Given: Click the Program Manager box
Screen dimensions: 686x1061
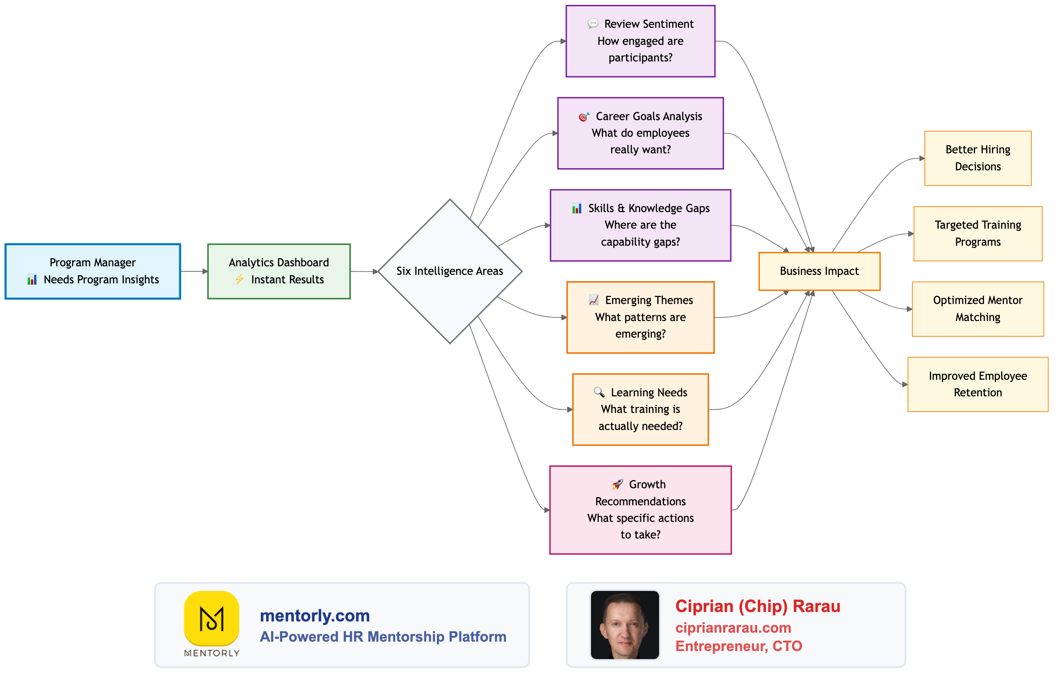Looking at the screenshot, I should pyautogui.click(x=93, y=271).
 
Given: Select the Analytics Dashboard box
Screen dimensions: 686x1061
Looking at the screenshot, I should pyautogui.click(x=279, y=271).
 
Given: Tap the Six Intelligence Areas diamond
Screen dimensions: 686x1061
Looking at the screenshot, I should pyautogui.click(x=450, y=271).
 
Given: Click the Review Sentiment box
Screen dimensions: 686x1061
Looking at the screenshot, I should pyautogui.click(x=640, y=41).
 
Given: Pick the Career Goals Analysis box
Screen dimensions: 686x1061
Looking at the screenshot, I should pyautogui.click(x=640, y=133).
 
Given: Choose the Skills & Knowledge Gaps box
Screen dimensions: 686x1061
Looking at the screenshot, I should pyautogui.click(x=640, y=225).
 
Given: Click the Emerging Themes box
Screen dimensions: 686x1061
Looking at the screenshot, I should pyautogui.click(x=640, y=317).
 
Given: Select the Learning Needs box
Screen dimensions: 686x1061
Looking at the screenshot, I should pyautogui.click(x=640, y=409).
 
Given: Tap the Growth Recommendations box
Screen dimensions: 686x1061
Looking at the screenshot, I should pyautogui.click(x=640, y=510).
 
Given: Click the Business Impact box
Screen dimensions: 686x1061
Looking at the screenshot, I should pyautogui.click(x=819, y=271).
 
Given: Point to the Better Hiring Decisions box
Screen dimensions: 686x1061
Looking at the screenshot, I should pyautogui.click(x=978, y=158).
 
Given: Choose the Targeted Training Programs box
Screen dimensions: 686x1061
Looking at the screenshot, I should pyautogui.click(x=978, y=234).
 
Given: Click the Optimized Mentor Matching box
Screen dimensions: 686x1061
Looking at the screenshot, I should pyautogui.click(x=978, y=309).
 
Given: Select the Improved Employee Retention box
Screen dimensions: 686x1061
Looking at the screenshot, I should pyautogui.click(x=978, y=384).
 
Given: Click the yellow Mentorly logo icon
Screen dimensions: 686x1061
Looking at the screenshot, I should pyautogui.click(x=211, y=618).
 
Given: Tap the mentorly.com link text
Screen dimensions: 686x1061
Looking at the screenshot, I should pyautogui.click(x=315, y=616).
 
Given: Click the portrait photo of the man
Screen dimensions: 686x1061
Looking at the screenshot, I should pyautogui.click(x=625, y=625).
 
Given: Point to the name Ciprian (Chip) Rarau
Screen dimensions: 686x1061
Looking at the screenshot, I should pyautogui.click(x=758, y=606).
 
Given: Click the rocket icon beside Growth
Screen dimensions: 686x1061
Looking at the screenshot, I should pyautogui.click(x=617, y=484).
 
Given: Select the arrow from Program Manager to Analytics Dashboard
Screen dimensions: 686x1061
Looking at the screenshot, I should pyautogui.click(x=194, y=271).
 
